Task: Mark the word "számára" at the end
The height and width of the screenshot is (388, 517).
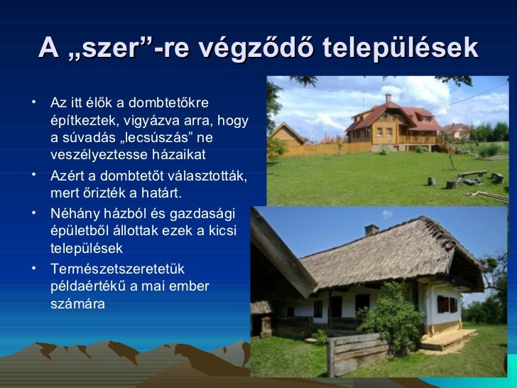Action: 77,303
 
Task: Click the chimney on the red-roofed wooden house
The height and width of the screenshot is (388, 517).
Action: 388,97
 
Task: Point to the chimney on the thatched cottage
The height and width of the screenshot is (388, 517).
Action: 371,230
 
